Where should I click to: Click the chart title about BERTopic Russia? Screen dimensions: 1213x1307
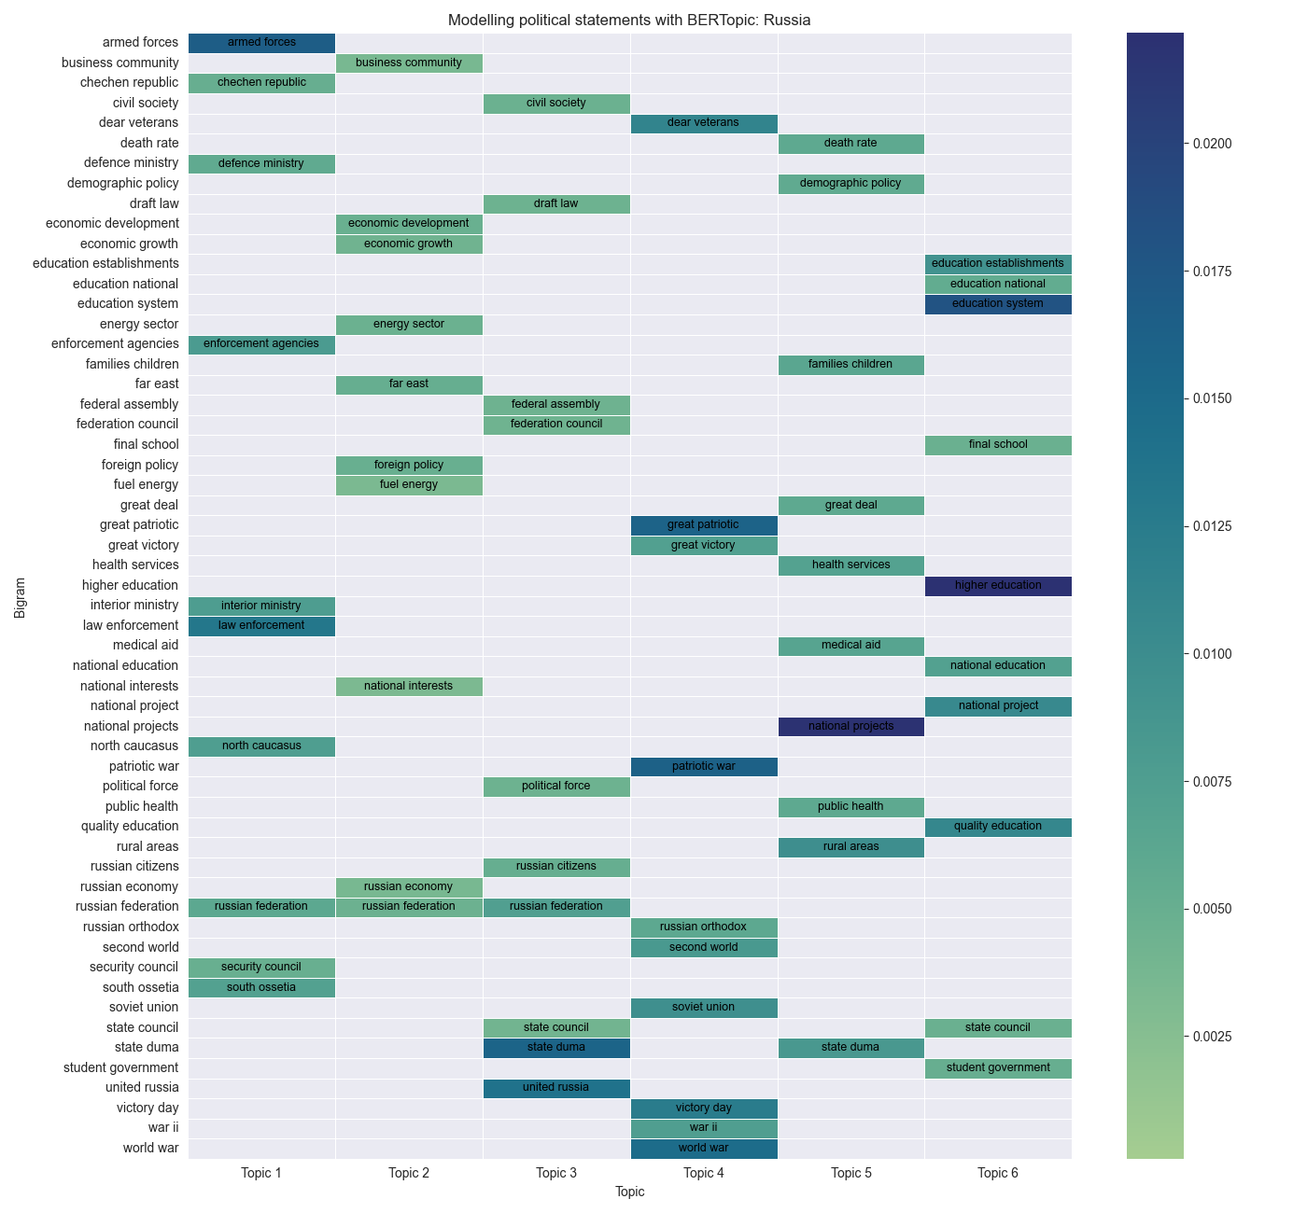coord(629,20)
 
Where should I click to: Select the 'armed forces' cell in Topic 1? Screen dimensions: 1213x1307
coord(261,43)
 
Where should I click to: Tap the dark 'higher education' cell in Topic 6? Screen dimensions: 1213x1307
coord(998,586)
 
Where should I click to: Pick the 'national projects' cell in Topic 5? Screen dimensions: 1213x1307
coord(851,726)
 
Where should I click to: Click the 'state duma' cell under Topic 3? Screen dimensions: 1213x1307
coord(556,1048)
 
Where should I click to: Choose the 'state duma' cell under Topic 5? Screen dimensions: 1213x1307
coord(851,1048)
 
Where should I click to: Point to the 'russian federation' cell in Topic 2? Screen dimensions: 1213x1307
coord(409,907)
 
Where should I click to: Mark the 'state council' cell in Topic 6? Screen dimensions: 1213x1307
coord(998,1028)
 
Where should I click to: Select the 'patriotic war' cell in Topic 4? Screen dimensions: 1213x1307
coord(704,767)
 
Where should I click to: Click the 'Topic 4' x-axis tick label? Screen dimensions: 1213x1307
coord(704,1173)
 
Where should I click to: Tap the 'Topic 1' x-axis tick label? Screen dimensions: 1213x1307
coord(261,1173)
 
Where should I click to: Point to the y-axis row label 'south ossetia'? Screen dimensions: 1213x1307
coord(140,987)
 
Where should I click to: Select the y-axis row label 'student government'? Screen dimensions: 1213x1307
coord(120,1067)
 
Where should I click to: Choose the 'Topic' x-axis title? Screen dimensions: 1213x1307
coord(629,1192)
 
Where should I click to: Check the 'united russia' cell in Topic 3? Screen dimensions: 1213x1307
coord(556,1088)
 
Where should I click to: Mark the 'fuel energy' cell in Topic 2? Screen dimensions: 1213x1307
coord(409,485)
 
